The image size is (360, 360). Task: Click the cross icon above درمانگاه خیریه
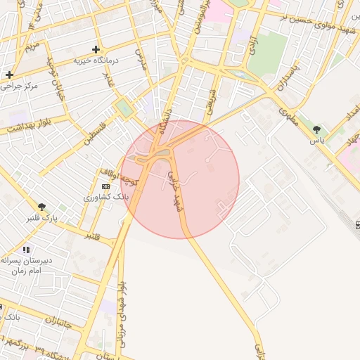[96, 49]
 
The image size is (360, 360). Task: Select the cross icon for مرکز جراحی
[9, 75]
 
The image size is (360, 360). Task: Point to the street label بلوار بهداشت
[31, 126]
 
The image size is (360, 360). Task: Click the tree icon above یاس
[317, 129]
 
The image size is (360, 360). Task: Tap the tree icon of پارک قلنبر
[43, 207]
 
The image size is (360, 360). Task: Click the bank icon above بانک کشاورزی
[105, 186]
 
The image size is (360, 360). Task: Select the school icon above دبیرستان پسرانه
[26, 250]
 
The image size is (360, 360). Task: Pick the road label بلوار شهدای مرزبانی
[122, 302]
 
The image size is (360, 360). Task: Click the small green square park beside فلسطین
[124, 109]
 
